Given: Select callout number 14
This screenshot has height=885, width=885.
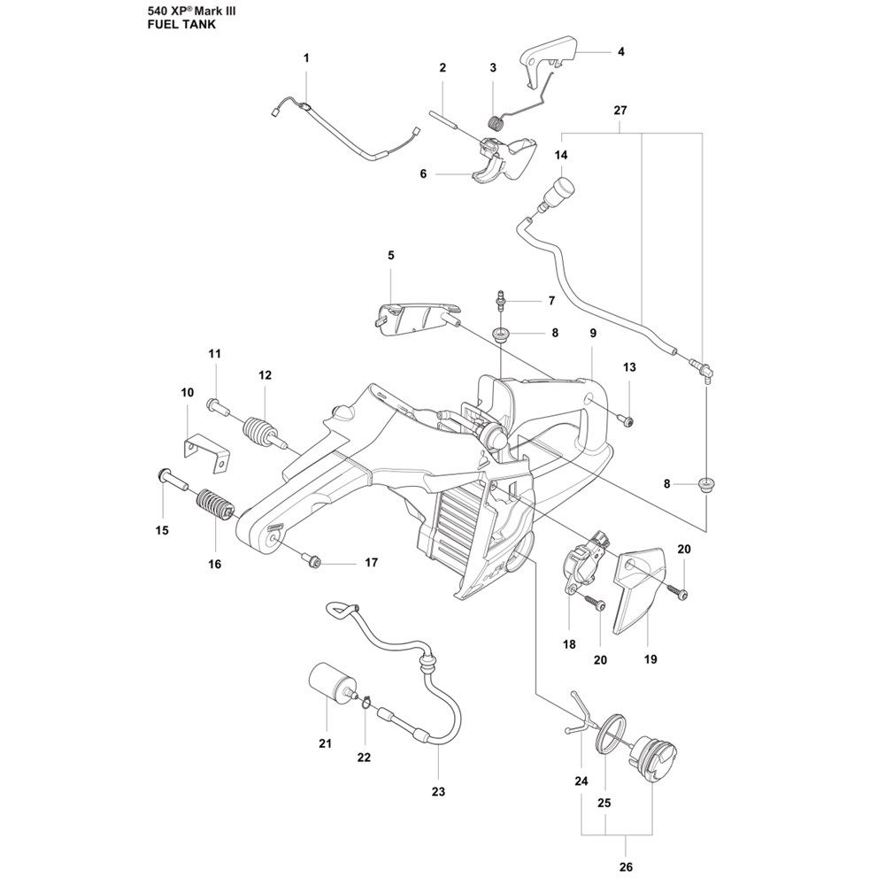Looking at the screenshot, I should (x=560, y=155).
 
